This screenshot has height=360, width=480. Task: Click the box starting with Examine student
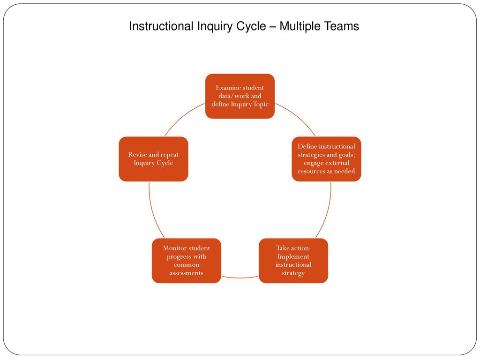click(240, 96)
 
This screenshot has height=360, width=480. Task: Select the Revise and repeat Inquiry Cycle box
click(153, 159)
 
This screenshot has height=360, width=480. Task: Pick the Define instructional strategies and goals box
click(326, 159)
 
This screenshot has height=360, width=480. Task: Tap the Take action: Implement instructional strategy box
click(293, 261)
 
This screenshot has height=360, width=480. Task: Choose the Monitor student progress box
click(187, 261)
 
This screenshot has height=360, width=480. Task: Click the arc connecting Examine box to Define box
click(297, 117)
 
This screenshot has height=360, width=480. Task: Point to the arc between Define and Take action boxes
click(327, 211)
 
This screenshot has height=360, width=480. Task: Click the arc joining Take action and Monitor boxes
click(240, 277)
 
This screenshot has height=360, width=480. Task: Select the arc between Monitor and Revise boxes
click(153, 211)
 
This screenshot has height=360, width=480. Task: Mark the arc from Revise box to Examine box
click(182, 117)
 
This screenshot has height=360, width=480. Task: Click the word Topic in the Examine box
click(261, 105)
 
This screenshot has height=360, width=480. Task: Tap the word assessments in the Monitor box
click(187, 273)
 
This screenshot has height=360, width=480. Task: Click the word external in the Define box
click(337, 163)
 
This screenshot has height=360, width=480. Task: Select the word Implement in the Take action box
click(293, 256)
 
